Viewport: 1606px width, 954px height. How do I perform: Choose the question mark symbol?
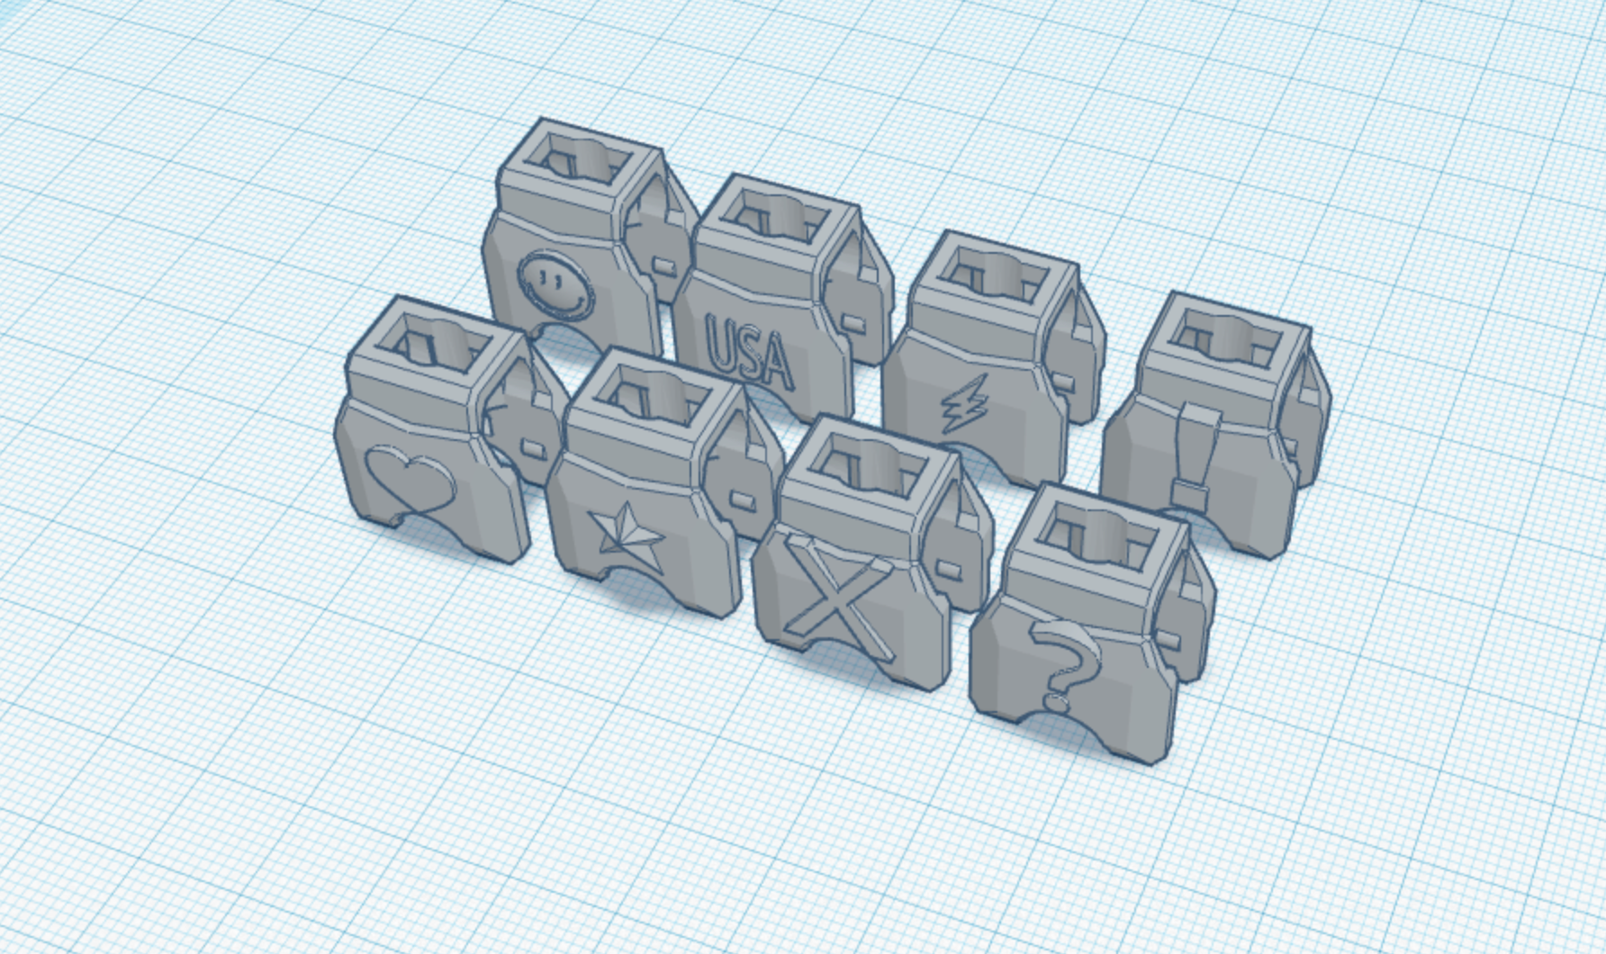[x=1064, y=667]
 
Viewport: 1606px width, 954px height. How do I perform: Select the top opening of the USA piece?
[x=776, y=219]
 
